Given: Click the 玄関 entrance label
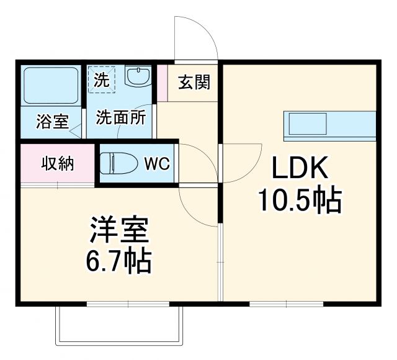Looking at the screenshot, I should tap(194, 83).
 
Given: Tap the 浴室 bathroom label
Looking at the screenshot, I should tap(51, 122).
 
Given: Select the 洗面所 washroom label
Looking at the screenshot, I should tap(120, 118).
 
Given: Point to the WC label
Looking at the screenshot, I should tap(158, 164).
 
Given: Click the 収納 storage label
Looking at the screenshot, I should tap(58, 164).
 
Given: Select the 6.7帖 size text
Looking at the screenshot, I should tap(117, 263).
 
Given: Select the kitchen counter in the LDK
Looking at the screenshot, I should tap(329, 124).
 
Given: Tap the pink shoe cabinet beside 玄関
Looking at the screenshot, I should tap(163, 82).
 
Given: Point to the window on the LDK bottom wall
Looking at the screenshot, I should tap(286, 304).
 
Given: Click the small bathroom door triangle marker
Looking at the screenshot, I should tap(76, 130).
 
